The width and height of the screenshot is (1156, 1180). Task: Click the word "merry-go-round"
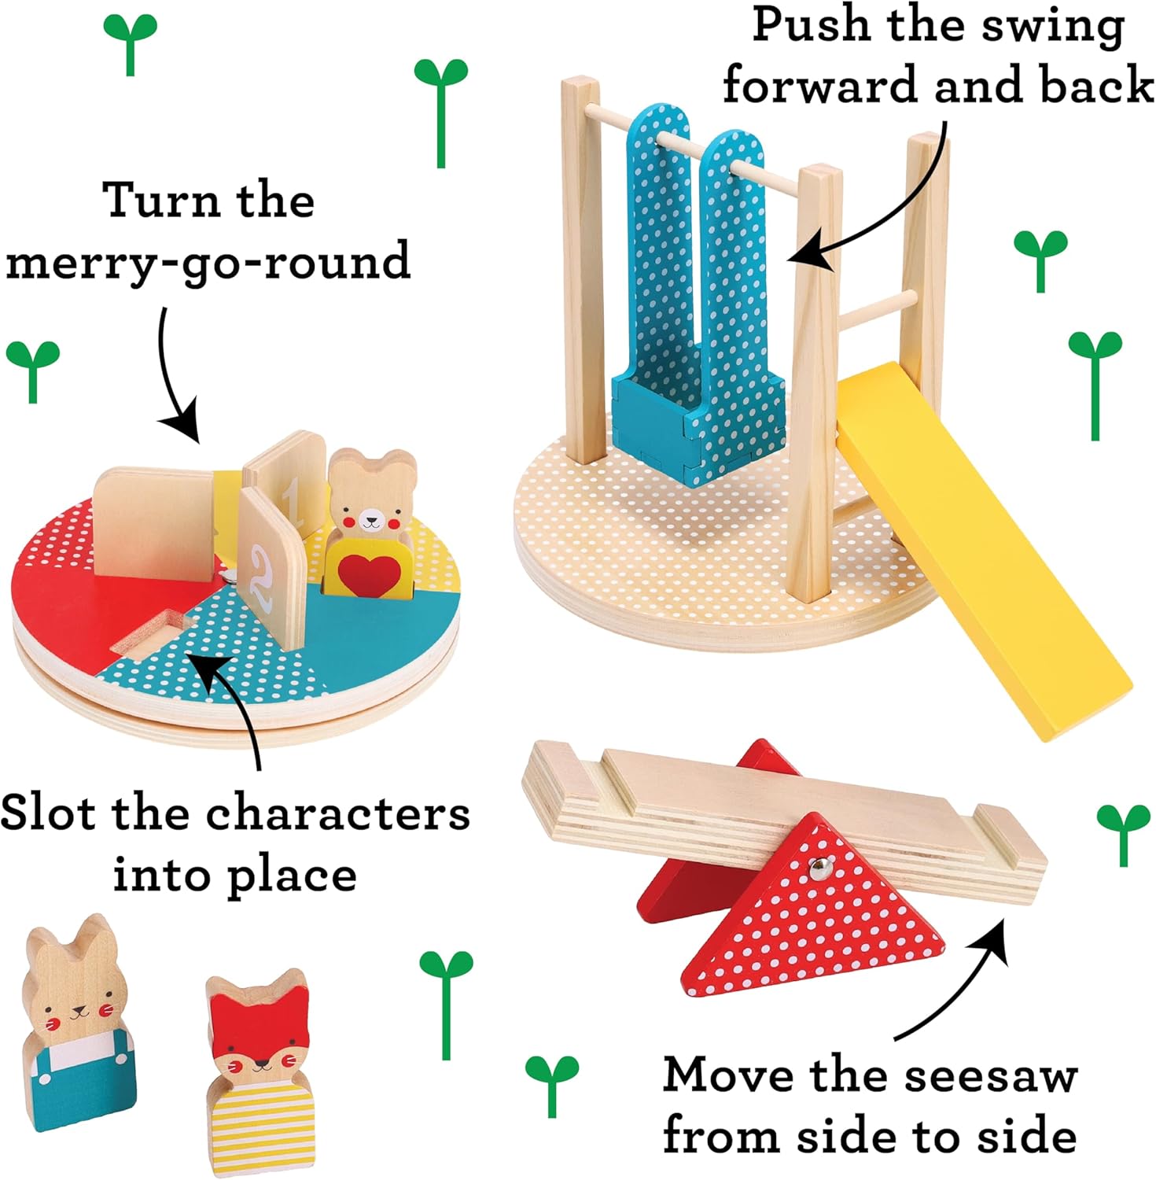point(208,261)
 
